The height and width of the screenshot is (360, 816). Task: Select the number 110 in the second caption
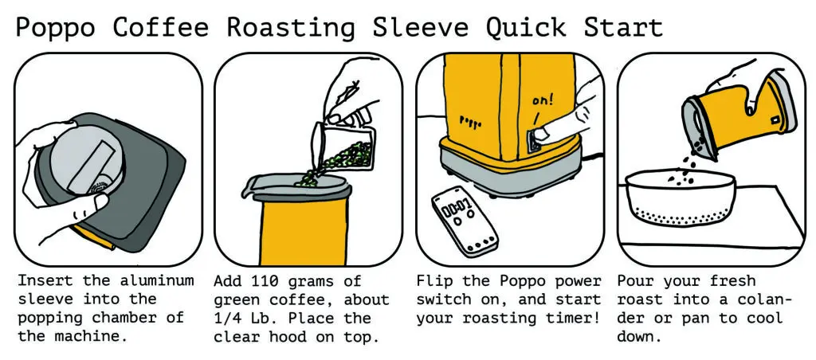click(x=265, y=281)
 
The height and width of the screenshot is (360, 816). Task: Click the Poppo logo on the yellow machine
click(x=473, y=123)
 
